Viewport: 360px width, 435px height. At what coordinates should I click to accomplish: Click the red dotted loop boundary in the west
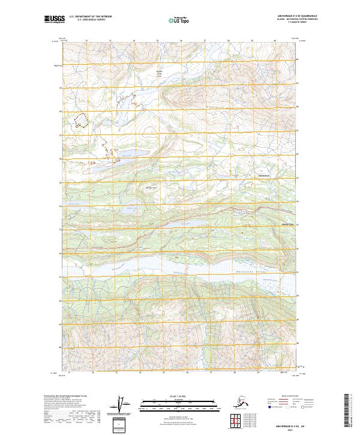(x=81, y=121)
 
